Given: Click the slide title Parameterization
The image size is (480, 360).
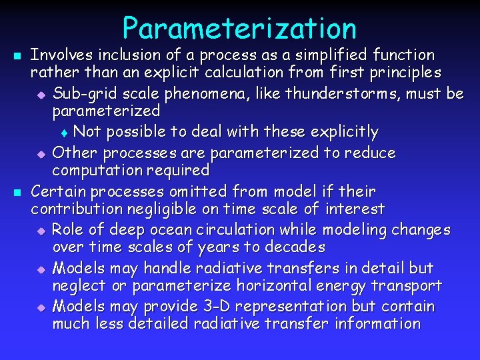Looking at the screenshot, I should point(239,28).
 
